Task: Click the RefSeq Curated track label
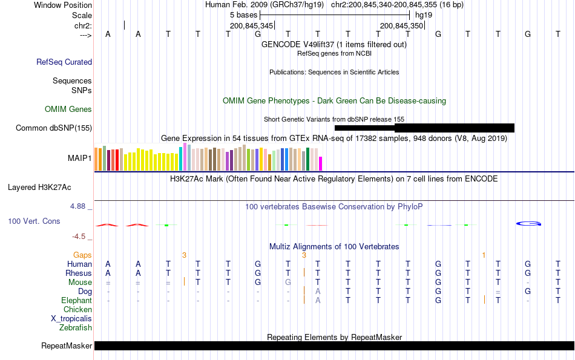coord(64,62)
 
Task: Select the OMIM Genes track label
coord(68,110)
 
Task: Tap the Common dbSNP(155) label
coord(54,128)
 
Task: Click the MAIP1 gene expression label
coord(80,158)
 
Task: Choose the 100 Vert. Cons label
coord(34,221)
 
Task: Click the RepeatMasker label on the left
coord(67,346)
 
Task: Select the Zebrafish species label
coord(76,328)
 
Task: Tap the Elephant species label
coord(76,301)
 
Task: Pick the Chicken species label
coord(77,310)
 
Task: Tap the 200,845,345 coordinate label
coord(252,26)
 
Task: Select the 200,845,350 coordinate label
coord(401,26)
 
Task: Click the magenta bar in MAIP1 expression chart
coord(321,163)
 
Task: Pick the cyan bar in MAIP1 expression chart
coord(181,159)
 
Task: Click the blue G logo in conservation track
coord(528,224)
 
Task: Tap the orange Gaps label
coord(82,255)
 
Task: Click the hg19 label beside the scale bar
coord(423,15)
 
